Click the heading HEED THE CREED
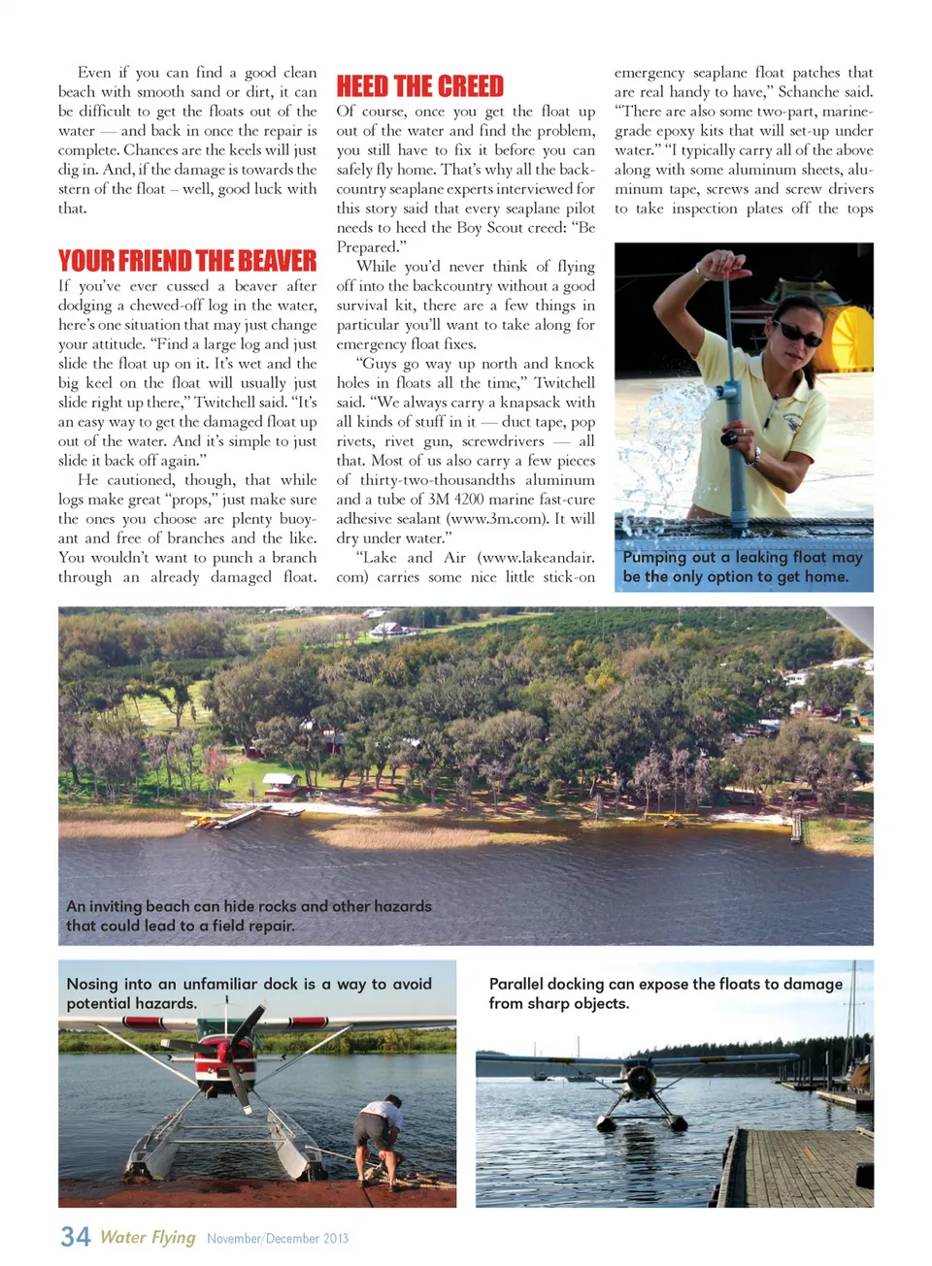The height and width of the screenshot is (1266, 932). click(x=419, y=86)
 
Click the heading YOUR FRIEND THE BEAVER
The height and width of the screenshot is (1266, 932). click(x=187, y=261)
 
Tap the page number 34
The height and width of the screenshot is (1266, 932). click(x=75, y=1237)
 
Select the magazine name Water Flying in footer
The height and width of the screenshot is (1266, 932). click(x=148, y=1237)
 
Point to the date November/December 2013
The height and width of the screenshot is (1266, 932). click(x=278, y=1239)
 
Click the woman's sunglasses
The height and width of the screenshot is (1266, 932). click(x=797, y=333)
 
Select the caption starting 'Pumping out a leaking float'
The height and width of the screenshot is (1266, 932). click(x=743, y=567)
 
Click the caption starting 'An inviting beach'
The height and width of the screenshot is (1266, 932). click(x=249, y=916)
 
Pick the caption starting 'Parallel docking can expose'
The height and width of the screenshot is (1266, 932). click(x=665, y=993)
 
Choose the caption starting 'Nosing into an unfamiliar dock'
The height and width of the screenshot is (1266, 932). click(x=249, y=993)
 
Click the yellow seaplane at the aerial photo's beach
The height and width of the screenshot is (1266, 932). click(x=205, y=823)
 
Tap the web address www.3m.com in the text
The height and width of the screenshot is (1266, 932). click(x=496, y=519)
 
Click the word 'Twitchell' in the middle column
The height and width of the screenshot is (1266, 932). click(x=564, y=383)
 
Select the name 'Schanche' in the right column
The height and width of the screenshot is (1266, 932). click(x=810, y=92)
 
